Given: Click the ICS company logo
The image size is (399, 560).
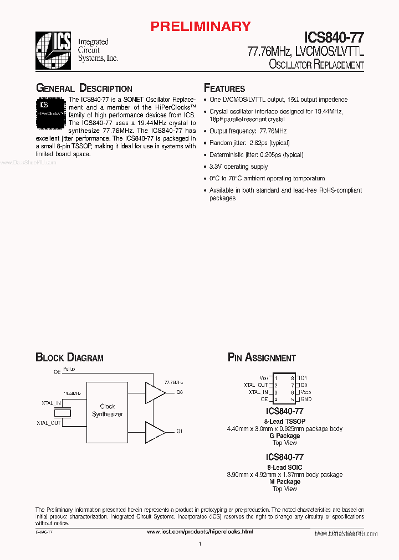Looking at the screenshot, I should tap(53, 50).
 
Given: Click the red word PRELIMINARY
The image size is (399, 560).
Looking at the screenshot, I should tap(201, 26).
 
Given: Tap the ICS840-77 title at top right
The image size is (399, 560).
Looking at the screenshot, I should tap(334, 38).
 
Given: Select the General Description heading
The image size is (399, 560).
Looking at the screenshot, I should tap(84, 89).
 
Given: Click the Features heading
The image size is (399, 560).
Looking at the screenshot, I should tap(224, 89).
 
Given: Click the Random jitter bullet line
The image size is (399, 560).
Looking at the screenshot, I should tap(249, 143).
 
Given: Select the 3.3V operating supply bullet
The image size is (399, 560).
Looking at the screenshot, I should tap(239, 167).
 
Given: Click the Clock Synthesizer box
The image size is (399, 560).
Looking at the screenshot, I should tap(108, 410).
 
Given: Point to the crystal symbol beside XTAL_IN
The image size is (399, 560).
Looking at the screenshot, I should tap(65, 413).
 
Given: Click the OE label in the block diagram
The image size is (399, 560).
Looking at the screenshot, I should tap(57, 372).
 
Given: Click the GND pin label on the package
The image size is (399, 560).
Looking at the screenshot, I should tap(306, 399).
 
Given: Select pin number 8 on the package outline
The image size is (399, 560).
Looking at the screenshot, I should tap(292, 378).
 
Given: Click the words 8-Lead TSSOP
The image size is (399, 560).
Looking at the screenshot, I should tap(285, 421).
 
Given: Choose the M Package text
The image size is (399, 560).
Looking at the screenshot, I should tap(285, 482).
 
